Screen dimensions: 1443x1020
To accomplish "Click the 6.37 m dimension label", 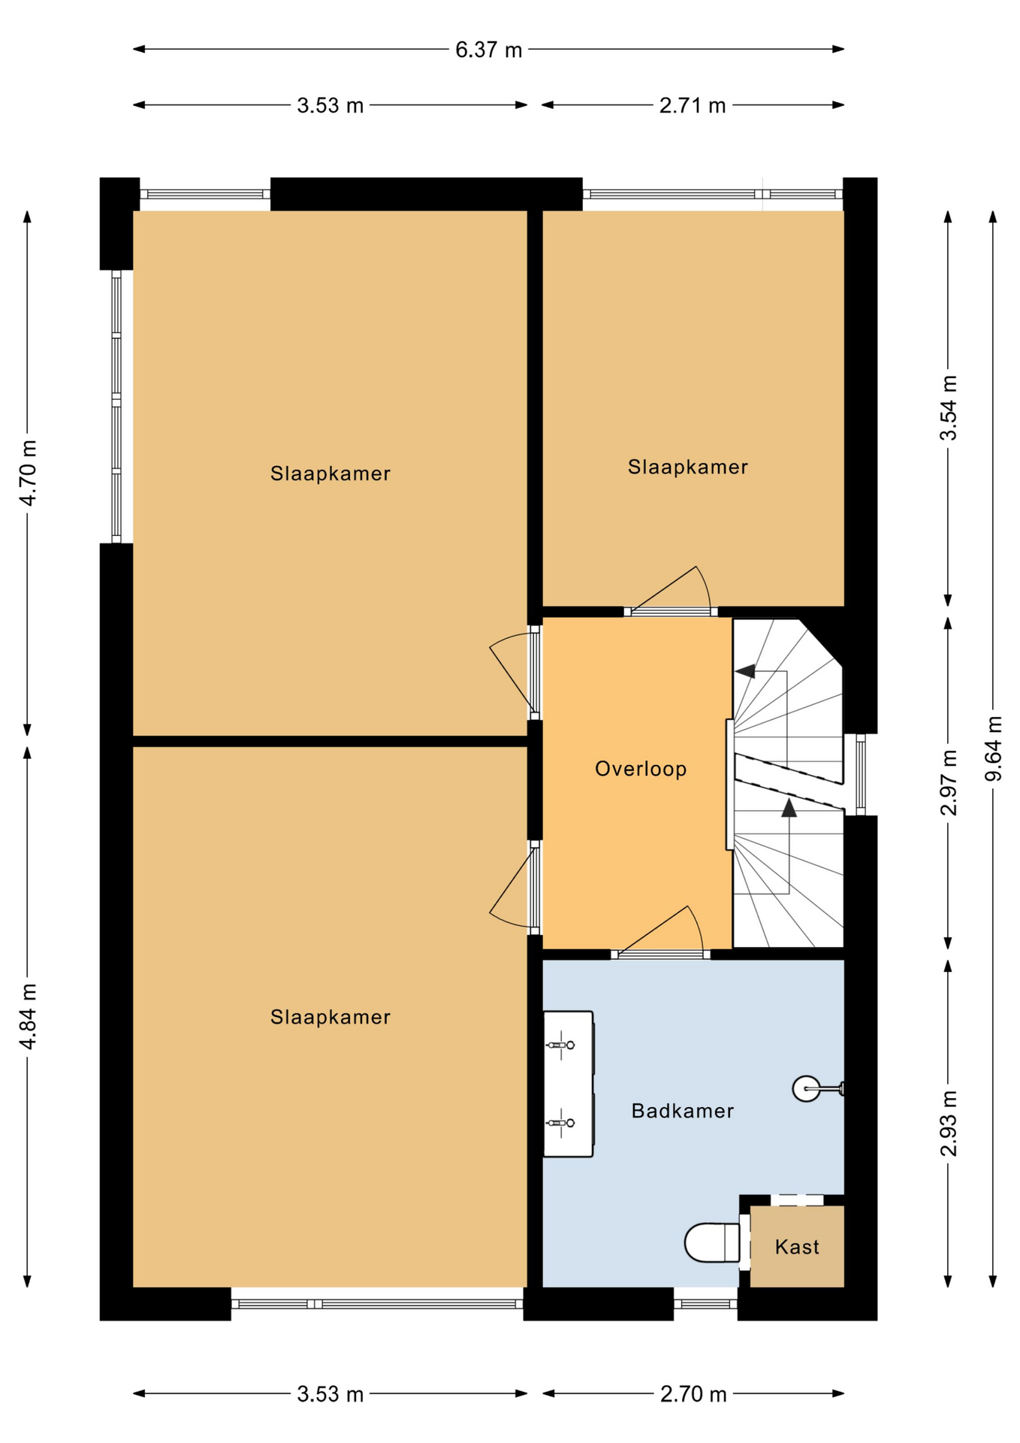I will pos(488,50).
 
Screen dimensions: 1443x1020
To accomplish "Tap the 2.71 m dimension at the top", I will pos(693,105).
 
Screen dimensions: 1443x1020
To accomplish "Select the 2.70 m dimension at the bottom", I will pos(693,1394).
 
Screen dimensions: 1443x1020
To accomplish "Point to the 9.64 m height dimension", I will pos(993,749).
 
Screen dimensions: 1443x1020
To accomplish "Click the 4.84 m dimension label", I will pos(28,1016).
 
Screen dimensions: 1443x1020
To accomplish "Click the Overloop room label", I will pos(641,769).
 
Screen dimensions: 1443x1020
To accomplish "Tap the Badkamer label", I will pos(682,1111).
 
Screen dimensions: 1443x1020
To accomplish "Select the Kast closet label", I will pos(797,1247).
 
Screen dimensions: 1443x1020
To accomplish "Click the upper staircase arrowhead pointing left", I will pos(745,671).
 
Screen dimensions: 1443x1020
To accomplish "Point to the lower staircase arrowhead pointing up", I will pos(789,808).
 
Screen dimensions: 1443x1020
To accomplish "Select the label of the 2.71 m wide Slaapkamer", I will pos(687,467).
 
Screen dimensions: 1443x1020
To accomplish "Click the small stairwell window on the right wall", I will pos(860,774).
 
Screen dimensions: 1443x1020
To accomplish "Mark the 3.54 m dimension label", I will pos(949,407).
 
